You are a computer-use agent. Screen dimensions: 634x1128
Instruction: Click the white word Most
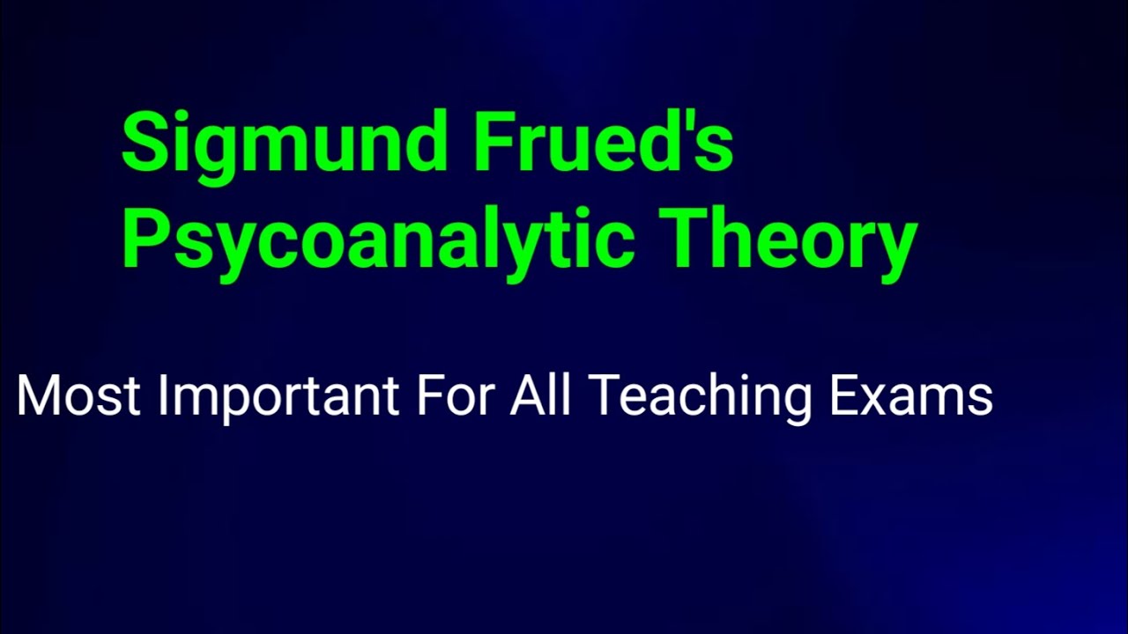click(78, 395)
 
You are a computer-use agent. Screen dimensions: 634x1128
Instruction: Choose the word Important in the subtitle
click(278, 395)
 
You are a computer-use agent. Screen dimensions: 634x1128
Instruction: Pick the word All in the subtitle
click(540, 395)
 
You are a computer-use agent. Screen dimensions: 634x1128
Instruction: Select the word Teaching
click(700, 395)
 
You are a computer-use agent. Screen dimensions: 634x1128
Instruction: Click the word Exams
click(911, 395)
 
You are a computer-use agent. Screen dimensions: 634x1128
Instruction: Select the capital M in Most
click(39, 395)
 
